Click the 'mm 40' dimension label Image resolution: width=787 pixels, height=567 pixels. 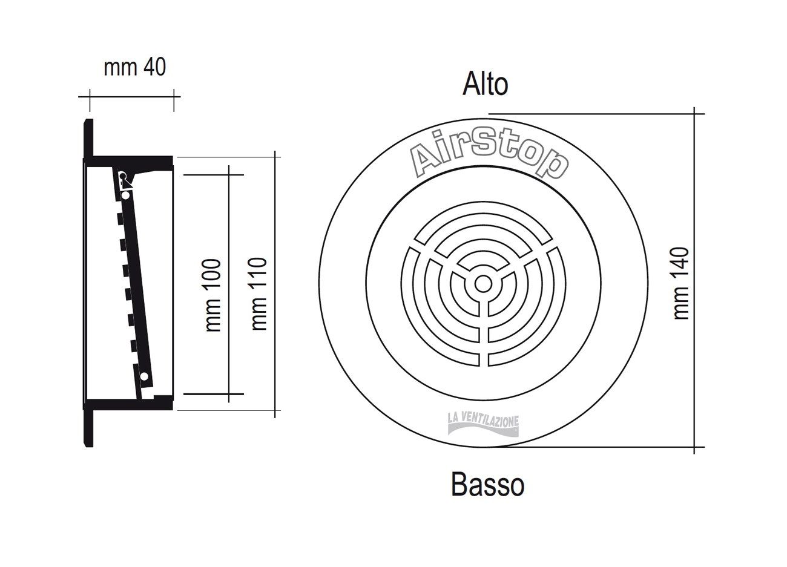click(134, 68)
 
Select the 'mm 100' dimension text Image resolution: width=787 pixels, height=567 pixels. click(213, 295)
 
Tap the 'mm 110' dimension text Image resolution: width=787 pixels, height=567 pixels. click(259, 294)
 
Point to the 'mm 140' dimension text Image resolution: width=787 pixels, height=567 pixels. click(680, 283)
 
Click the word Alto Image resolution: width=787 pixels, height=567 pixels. click(485, 84)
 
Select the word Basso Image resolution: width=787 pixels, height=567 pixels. click(488, 485)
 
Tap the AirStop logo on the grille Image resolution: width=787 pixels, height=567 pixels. click(489, 154)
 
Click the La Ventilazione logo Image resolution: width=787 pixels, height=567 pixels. click(483, 425)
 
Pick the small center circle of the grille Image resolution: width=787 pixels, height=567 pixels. click(484, 284)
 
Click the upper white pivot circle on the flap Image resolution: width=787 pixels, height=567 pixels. click(126, 195)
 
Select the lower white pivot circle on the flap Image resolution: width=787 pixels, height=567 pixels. click(144, 377)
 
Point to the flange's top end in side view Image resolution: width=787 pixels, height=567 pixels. click(88, 120)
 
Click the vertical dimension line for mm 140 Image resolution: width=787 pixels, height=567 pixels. click(694, 280)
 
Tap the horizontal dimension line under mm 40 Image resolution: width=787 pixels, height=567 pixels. click(130, 96)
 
